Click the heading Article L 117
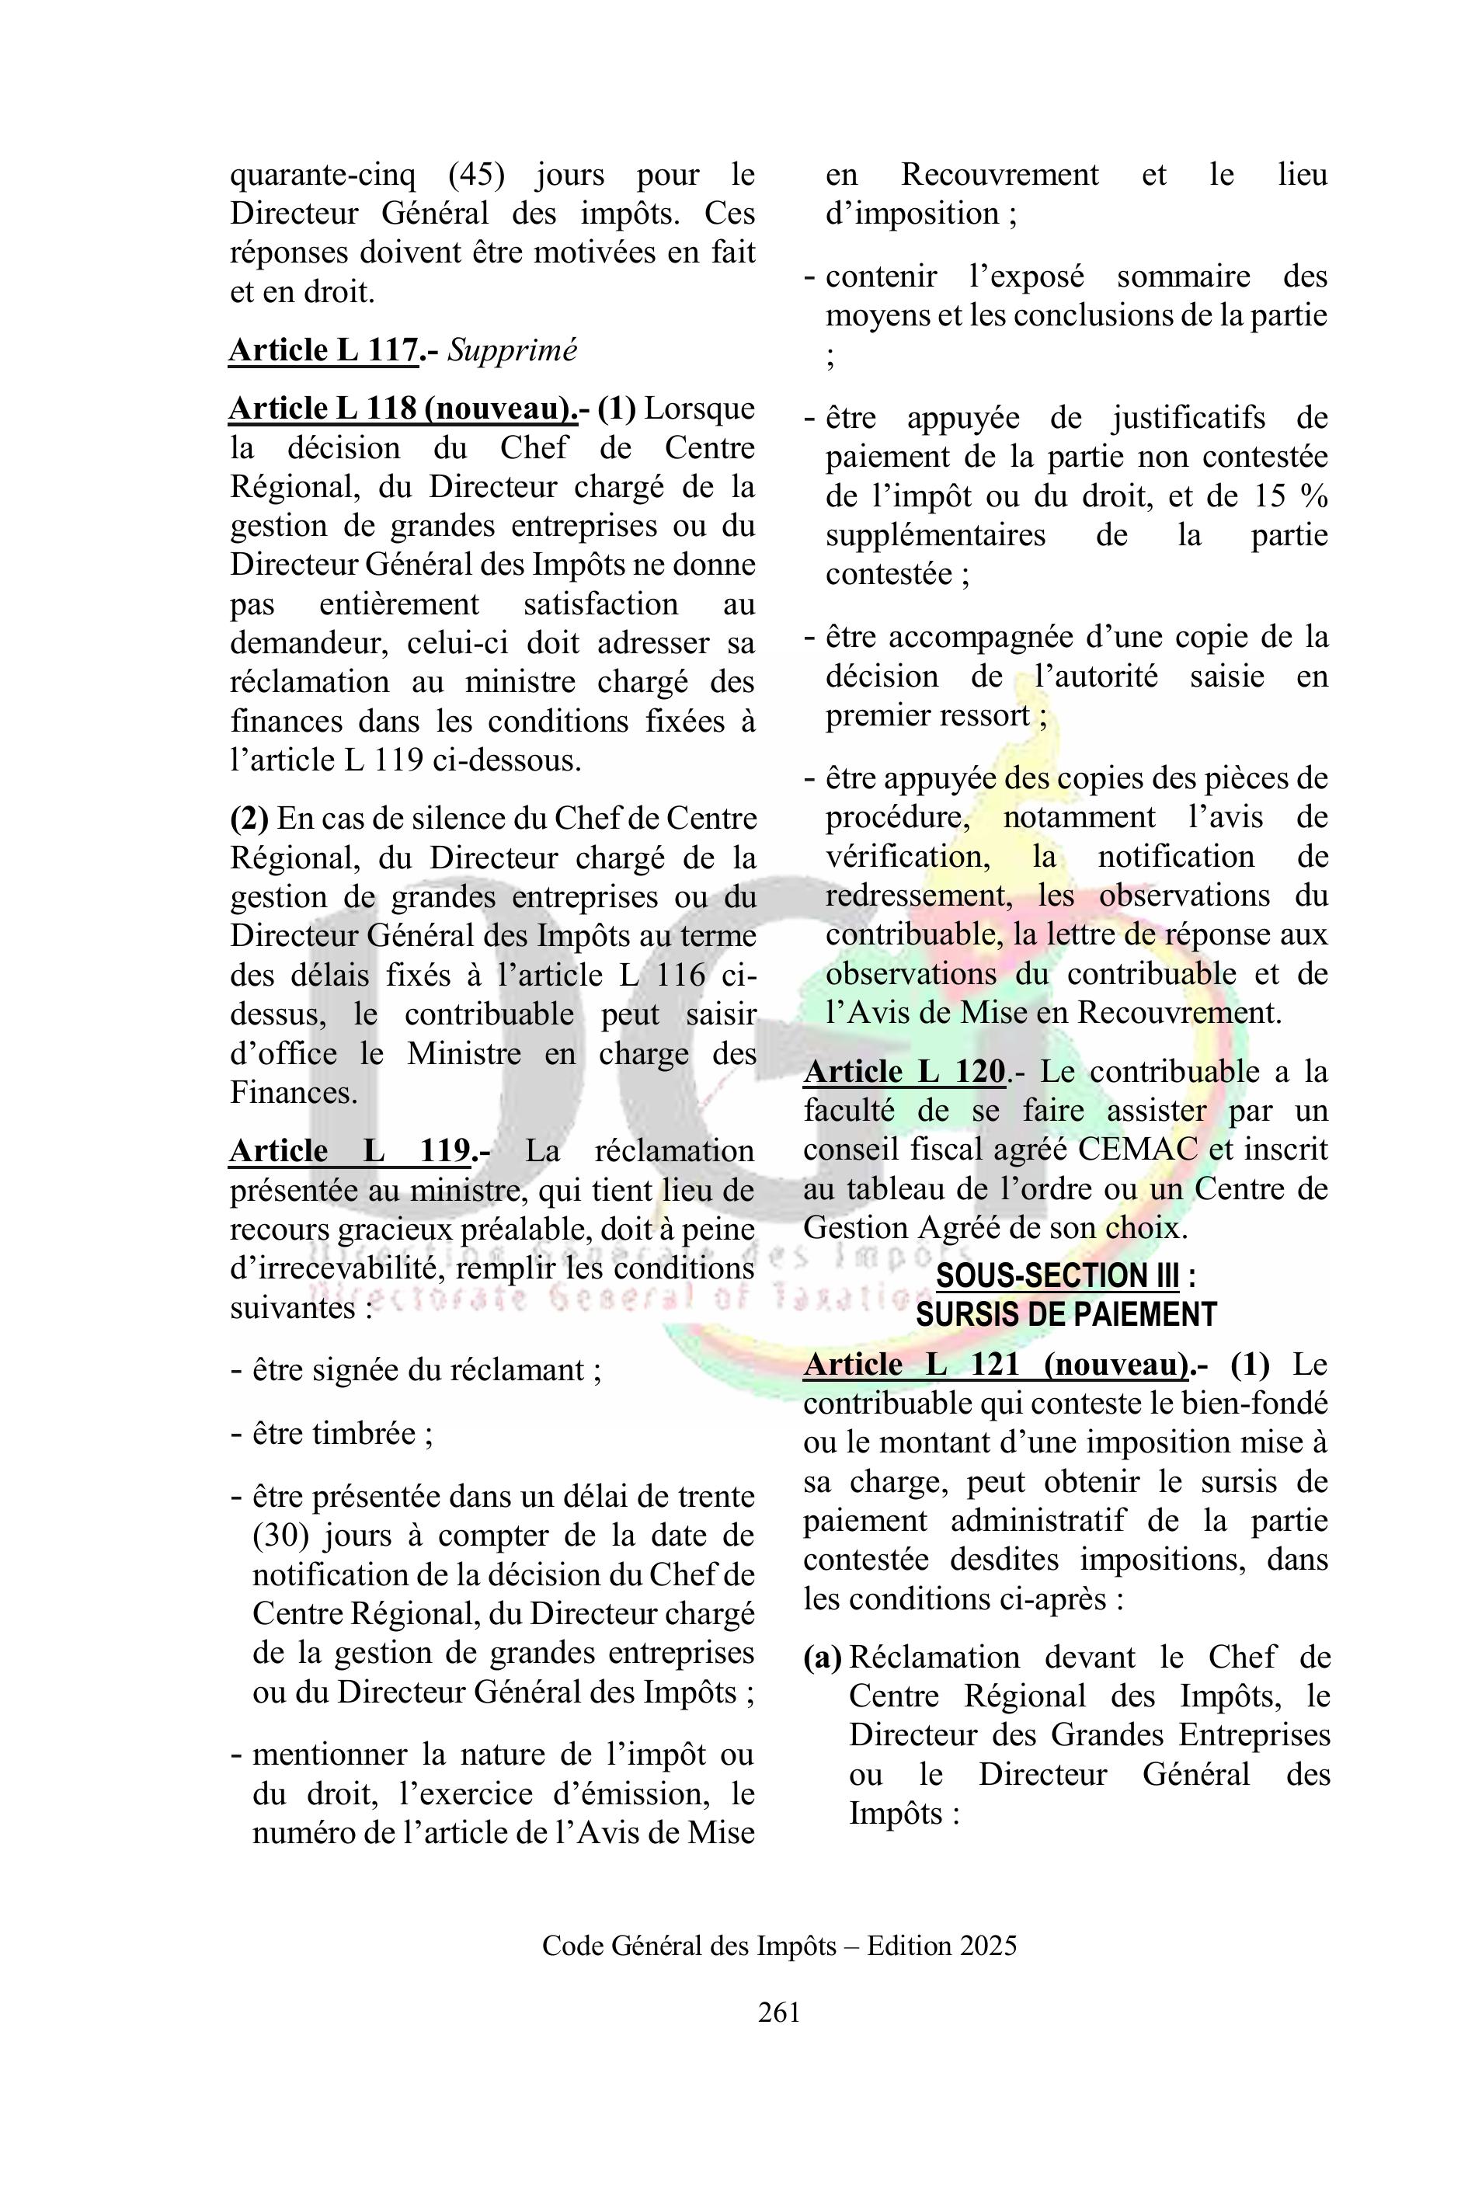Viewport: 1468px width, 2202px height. click(323, 350)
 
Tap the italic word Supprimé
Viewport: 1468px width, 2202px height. click(512, 350)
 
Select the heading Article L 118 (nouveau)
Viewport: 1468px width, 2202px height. click(402, 409)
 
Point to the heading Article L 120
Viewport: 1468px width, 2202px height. click(904, 1071)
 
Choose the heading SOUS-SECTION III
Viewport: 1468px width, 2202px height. click(1058, 1275)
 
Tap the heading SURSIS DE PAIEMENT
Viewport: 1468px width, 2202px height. click(1066, 1314)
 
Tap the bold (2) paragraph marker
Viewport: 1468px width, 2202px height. click(249, 818)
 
